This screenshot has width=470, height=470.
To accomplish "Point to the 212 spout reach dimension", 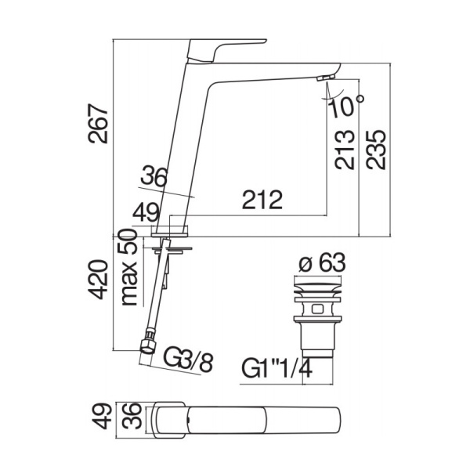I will click(262, 201).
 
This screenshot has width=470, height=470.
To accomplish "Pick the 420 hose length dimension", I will click(100, 282).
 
